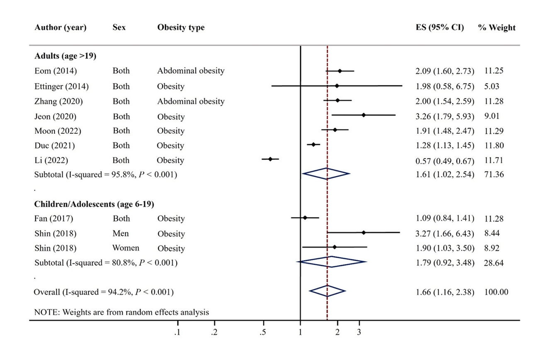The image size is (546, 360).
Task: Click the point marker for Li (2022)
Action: click(270, 159)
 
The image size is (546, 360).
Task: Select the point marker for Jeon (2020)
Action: click(364, 115)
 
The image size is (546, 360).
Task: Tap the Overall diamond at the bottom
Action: click(327, 292)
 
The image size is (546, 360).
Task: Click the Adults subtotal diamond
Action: click(326, 174)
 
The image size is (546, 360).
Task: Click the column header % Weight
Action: click(497, 28)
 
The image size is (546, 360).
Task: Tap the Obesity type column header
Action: click(181, 28)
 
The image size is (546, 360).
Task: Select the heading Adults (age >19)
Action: click(65, 56)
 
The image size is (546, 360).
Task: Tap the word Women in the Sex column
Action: click(126, 248)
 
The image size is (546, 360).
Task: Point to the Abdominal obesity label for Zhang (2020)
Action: click(190, 101)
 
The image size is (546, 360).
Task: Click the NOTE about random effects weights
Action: click(121, 312)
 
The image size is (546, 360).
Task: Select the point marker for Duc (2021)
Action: click(313, 145)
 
